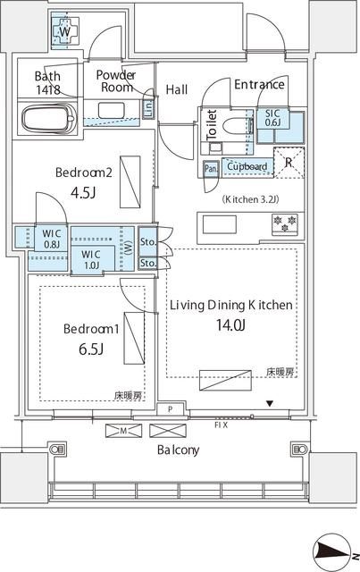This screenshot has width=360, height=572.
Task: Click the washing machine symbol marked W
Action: pos(64,32)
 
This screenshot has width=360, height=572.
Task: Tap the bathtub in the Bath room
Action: pos(48,119)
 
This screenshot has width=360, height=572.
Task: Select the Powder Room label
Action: pos(114,81)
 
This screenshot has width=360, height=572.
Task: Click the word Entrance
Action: pos(259,85)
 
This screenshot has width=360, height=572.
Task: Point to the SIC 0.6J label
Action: pos(272,118)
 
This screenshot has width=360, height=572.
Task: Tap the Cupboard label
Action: pos(247,166)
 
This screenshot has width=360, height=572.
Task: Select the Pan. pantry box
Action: pos(212,167)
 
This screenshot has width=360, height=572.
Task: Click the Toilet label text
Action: pos(212,124)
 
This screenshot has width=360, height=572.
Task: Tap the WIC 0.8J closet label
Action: pos(52,239)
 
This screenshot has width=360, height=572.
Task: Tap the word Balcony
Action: pos(178,450)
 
